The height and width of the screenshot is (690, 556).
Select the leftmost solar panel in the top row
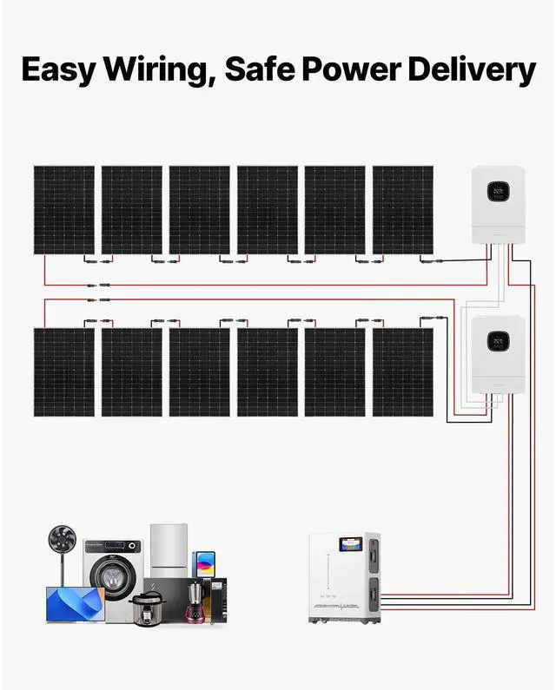[63, 210]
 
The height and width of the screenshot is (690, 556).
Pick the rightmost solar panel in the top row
[402, 210]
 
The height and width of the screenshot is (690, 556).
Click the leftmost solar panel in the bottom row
[63, 371]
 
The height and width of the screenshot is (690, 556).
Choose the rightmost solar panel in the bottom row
[402, 371]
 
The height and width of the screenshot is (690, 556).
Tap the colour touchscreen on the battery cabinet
[353, 544]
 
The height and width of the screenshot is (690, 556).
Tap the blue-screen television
[74, 604]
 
